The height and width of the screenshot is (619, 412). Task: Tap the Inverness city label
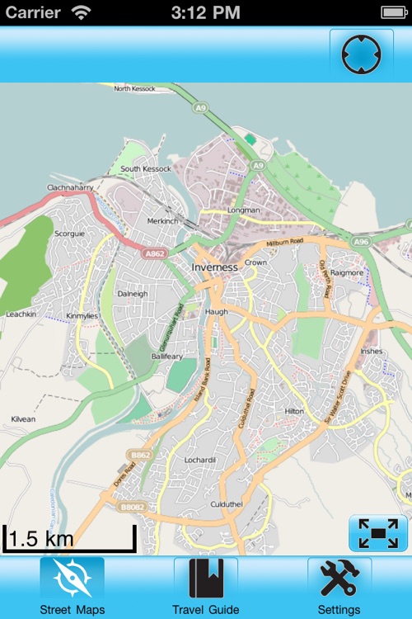(x=214, y=267)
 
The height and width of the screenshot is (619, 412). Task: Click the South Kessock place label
(x=146, y=169)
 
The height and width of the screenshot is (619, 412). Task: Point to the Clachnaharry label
(x=71, y=188)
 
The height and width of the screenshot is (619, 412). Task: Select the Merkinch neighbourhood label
(x=162, y=221)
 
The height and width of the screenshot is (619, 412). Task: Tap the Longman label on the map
(x=244, y=210)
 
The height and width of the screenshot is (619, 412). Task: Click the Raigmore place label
(x=346, y=272)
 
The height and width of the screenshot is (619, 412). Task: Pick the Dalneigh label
(x=132, y=294)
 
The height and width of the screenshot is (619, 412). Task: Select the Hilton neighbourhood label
(x=294, y=411)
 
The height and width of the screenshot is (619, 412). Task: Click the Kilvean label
(x=23, y=419)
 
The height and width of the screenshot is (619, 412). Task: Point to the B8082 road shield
(x=132, y=507)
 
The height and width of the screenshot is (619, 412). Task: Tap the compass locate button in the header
(x=361, y=54)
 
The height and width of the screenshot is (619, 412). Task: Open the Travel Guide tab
(x=205, y=588)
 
